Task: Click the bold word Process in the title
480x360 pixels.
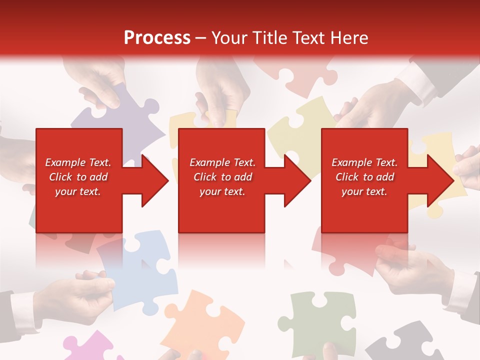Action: tap(157, 38)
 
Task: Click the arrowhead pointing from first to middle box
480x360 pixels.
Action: tap(155, 180)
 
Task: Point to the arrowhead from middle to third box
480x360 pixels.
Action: tap(298, 180)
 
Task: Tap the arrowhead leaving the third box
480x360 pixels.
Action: tap(440, 180)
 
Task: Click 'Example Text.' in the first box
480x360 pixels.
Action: tap(78, 162)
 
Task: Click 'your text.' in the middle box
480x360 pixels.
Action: tap(222, 192)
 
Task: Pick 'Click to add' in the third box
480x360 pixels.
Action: tap(364, 177)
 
